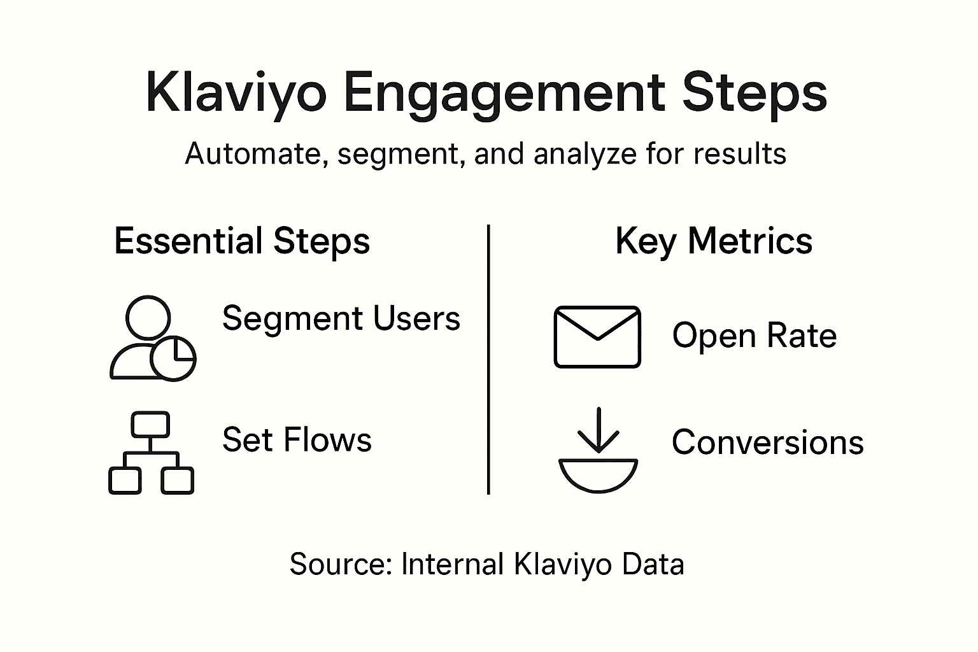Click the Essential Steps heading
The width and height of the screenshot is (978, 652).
pyautogui.click(x=242, y=242)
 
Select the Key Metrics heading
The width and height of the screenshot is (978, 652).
pyautogui.click(x=714, y=242)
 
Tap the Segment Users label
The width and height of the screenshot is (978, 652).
pyautogui.click(x=341, y=318)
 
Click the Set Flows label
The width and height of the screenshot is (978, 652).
pyautogui.click(x=297, y=440)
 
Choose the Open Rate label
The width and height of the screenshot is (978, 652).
pyautogui.click(x=754, y=336)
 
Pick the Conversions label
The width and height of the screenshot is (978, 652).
pyautogui.click(x=767, y=443)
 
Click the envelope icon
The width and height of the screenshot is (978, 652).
pyautogui.click(x=597, y=337)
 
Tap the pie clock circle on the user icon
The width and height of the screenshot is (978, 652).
pyautogui.click(x=173, y=358)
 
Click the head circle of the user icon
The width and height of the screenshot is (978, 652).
pyautogui.click(x=148, y=317)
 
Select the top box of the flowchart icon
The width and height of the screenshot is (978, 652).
pyautogui.click(x=150, y=424)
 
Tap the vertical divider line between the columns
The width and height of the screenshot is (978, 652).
pyautogui.click(x=488, y=359)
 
